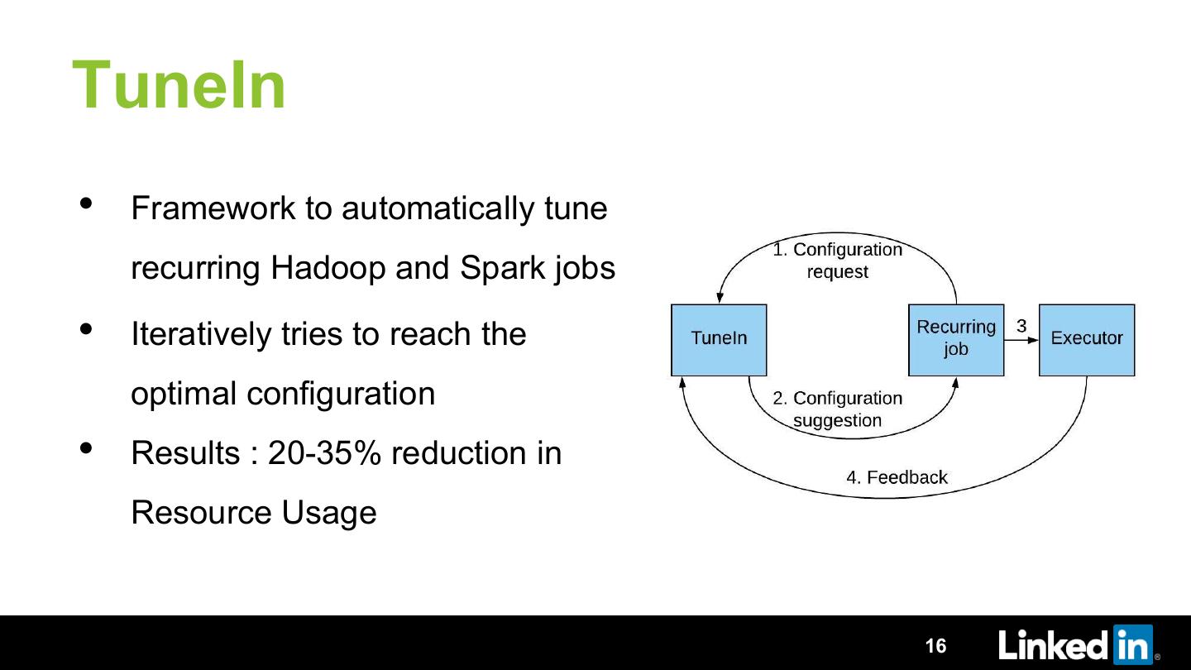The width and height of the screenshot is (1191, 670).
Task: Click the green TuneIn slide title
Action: [x=179, y=85]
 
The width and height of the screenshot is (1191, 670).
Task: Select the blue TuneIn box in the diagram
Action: [x=719, y=339]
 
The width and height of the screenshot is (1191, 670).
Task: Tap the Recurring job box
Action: [x=956, y=339]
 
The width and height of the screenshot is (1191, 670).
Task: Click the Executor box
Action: [x=1086, y=339]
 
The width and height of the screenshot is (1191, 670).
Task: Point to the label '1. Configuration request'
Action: [x=837, y=261]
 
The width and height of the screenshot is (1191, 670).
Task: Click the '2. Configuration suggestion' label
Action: [x=837, y=409]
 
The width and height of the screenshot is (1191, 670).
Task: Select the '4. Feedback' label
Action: [x=896, y=477]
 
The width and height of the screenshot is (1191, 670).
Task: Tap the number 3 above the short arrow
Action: [x=1021, y=326]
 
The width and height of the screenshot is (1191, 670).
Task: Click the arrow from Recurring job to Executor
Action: [x=1021, y=340]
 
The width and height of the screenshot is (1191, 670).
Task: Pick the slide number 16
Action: [x=935, y=646]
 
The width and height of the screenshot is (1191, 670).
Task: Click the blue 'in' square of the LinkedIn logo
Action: [x=1132, y=644]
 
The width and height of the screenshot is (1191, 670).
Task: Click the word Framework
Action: [x=213, y=208]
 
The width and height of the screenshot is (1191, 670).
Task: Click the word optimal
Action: [x=184, y=394]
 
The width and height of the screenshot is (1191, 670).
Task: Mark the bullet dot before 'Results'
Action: [x=87, y=449]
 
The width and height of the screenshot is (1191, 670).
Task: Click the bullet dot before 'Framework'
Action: [x=87, y=203]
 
